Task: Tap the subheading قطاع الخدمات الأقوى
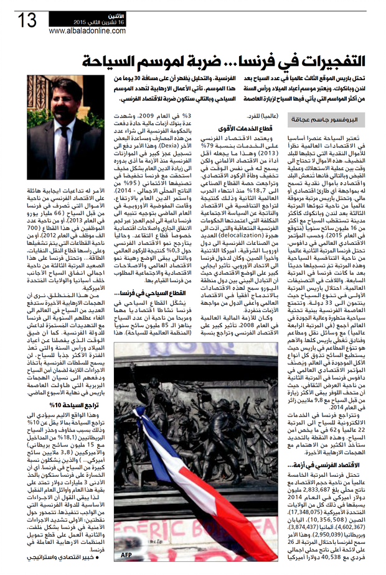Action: pyautogui.click(x=232, y=129)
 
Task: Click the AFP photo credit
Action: pyautogui.click(x=126, y=555)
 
